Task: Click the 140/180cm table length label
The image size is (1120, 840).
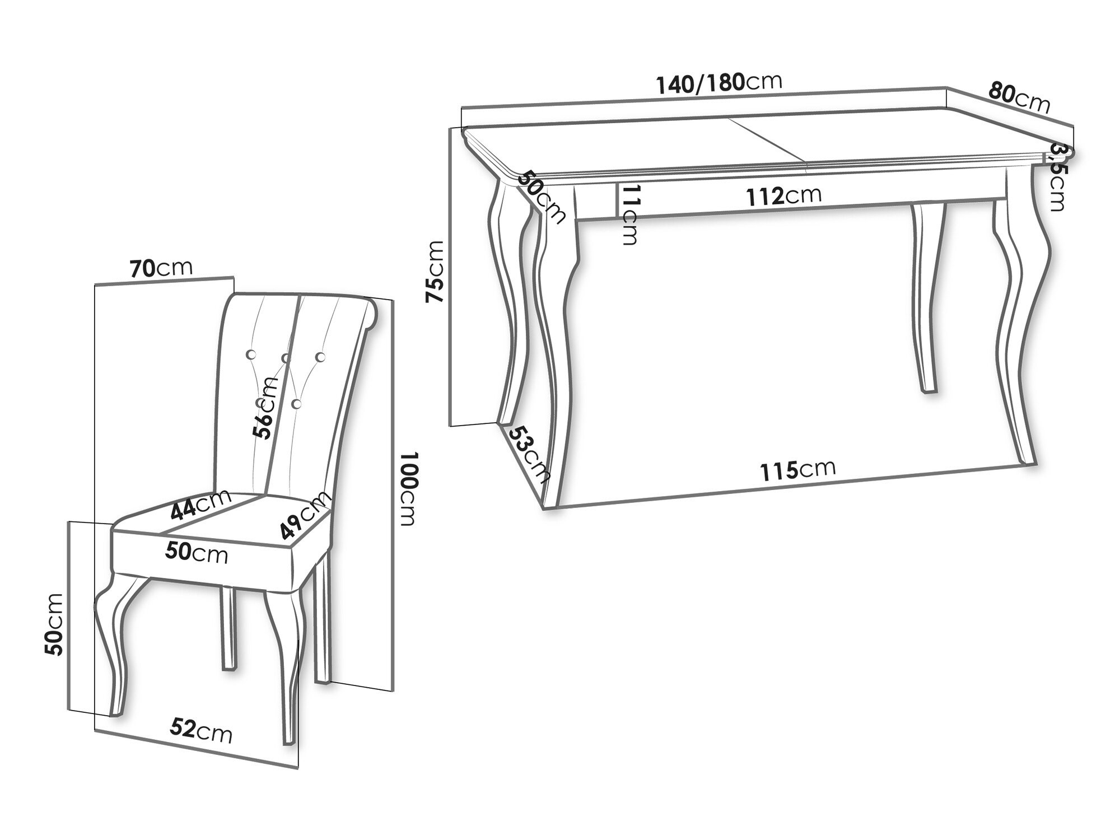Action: pyautogui.click(x=719, y=84)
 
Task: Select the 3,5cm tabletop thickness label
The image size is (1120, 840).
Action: pyautogui.click(x=1057, y=177)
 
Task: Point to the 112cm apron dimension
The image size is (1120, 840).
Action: pyautogui.click(x=784, y=196)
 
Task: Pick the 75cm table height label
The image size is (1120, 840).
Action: pyautogui.click(x=436, y=272)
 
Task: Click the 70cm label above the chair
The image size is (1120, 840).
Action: pyautogui.click(x=161, y=269)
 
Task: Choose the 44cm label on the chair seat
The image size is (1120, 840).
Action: pyautogui.click(x=200, y=504)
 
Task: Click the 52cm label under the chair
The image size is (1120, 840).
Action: pyautogui.click(x=201, y=731)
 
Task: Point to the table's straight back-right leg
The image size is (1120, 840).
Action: pyautogui.click(x=927, y=297)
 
